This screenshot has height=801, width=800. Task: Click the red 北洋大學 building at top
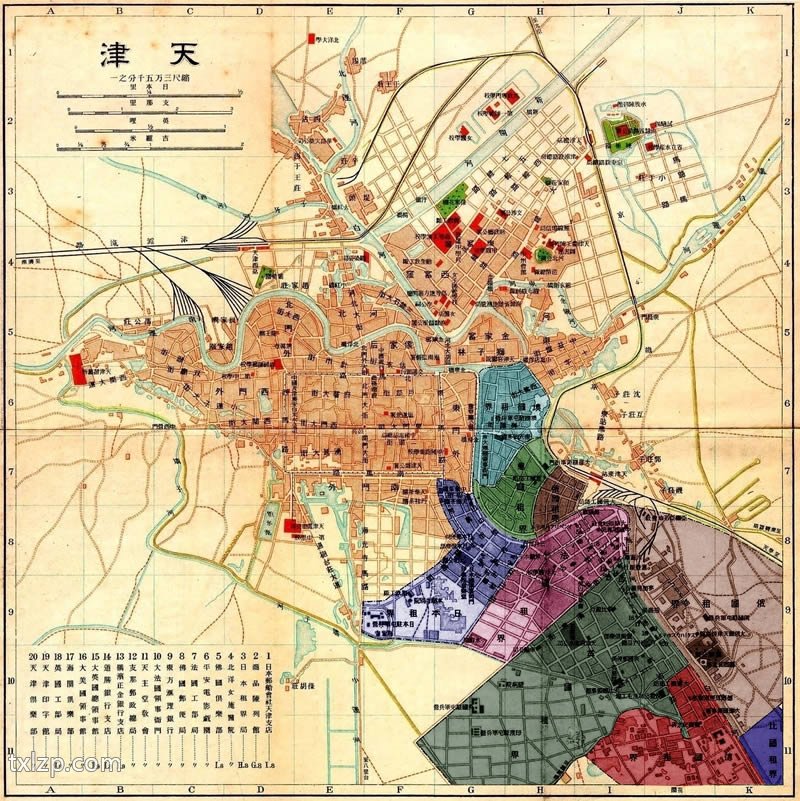pos(309,37)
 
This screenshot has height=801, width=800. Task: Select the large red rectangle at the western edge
pos(76,367)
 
